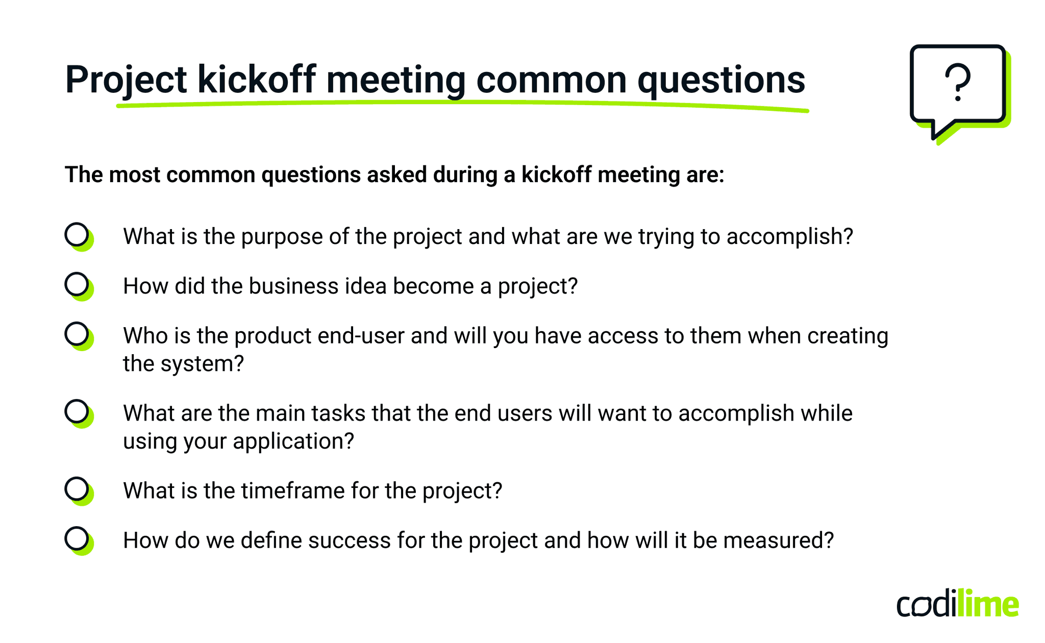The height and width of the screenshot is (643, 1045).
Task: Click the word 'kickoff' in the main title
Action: pyautogui.click(x=256, y=80)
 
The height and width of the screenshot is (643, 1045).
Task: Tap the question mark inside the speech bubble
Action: pyautogui.click(x=957, y=82)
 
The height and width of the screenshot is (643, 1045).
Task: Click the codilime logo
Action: pyautogui.click(x=958, y=604)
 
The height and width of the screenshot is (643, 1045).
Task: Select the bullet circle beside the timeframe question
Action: pyautogui.click(x=78, y=489)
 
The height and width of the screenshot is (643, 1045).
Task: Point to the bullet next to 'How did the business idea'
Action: pyautogui.click(x=78, y=285)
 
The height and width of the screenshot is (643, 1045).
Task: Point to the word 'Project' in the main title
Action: pyautogui.click(x=126, y=80)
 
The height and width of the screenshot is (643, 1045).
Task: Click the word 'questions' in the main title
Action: pyautogui.click(x=721, y=80)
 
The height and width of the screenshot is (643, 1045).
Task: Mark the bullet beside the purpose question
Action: pyautogui.click(x=78, y=235)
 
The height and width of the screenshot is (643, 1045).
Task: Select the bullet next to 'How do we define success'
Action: pyautogui.click(x=78, y=539)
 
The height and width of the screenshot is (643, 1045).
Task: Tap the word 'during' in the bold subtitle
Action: pyautogui.click(x=465, y=175)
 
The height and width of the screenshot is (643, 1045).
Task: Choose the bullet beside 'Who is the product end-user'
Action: pyautogui.click(x=78, y=335)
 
